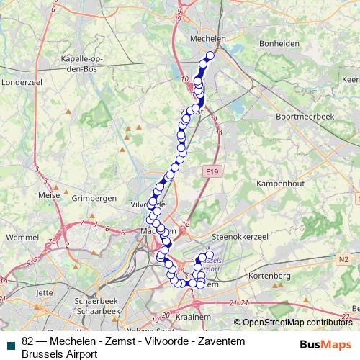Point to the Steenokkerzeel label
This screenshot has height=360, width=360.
[240, 235]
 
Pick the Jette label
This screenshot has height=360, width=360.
[45, 293]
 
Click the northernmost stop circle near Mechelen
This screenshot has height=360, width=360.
[210, 55]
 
